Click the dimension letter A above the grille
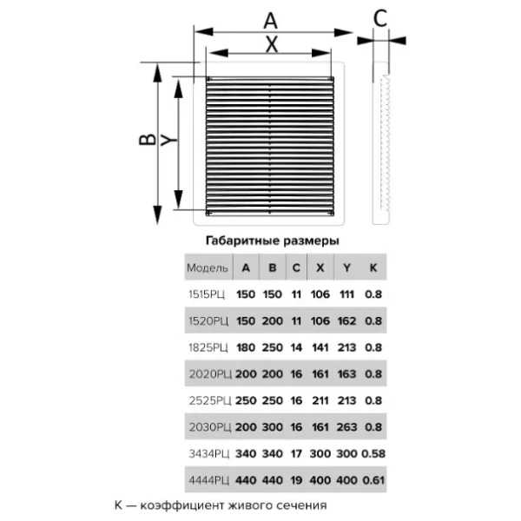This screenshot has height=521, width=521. (270, 21)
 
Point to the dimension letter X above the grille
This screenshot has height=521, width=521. (272, 44)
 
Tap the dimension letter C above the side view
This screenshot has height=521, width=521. (380, 18)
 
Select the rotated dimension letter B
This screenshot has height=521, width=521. (148, 140)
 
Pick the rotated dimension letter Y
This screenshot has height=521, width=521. (168, 140)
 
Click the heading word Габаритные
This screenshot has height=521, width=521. (236, 241)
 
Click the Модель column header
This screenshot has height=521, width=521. (208, 267)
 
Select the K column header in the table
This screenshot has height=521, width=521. (373, 267)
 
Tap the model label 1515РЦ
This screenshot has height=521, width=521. (207, 294)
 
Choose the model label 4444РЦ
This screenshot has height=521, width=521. (209, 480)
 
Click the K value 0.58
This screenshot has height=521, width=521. (373, 454)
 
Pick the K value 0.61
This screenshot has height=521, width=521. (373, 480)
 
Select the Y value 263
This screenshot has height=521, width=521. (346, 427)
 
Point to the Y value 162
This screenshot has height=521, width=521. (346, 321)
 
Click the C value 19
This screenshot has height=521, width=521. (296, 480)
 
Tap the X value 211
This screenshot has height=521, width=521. (320, 400)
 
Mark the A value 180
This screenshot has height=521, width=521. (246, 347)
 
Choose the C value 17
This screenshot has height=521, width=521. (296, 454)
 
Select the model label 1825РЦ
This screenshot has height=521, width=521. (208, 347)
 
